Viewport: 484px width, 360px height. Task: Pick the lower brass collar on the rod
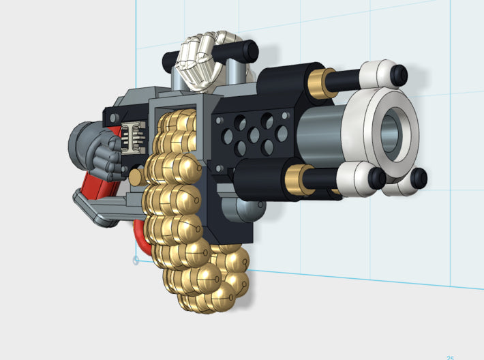pyautogui.click(x=294, y=181)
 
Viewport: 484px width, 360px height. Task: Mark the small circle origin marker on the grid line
pyautogui.click(x=136, y=260)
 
